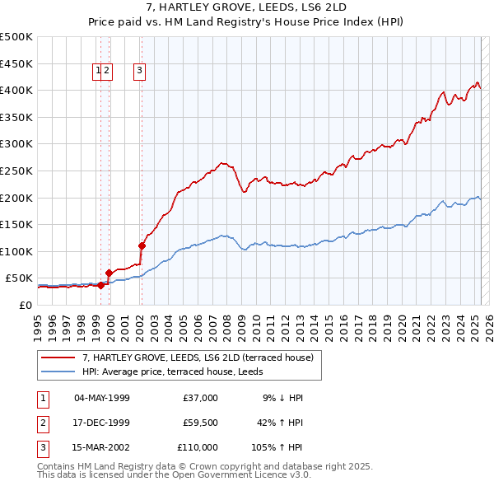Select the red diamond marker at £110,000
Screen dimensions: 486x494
click(142, 245)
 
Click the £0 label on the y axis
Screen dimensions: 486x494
click(25, 305)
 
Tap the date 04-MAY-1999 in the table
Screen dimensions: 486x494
click(102, 398)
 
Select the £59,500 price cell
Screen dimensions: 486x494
click(201, 423)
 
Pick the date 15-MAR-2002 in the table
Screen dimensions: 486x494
click(102, 447)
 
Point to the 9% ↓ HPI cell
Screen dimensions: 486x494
click(282, 398)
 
